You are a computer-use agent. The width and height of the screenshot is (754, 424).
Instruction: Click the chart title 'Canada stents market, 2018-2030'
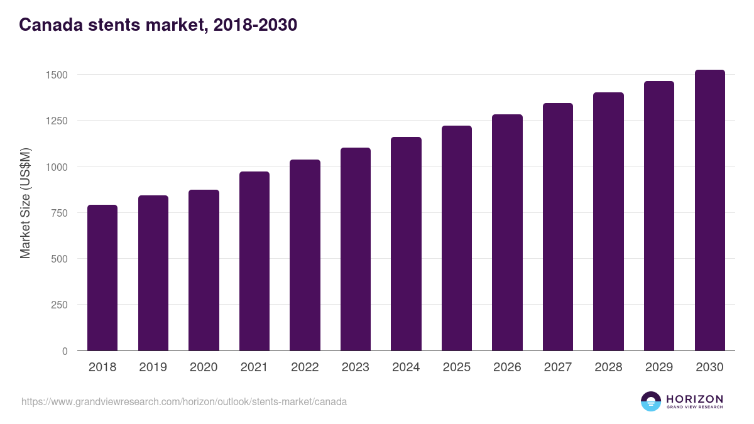coord(158,25)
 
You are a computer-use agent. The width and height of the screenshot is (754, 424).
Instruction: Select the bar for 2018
coord(102,278)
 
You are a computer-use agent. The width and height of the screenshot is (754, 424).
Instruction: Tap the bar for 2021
coord(254,261)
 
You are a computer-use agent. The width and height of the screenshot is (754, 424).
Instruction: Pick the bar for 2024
coord(406,244)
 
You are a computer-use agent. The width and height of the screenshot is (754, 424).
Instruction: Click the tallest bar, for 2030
coord(709,210)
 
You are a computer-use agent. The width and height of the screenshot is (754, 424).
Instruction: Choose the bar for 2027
coord(558,227)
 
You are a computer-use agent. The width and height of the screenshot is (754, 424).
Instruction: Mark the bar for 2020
coord(204,270)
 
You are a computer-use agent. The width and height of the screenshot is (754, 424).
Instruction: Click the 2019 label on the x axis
coord(153,367)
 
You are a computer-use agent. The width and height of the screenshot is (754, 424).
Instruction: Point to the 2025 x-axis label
coord(457,367)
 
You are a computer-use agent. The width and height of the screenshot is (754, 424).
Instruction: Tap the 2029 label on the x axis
coord(659,367)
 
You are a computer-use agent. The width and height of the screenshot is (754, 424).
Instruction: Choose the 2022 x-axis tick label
coord(305,367)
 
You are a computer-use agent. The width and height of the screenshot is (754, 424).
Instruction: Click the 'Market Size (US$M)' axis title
coord(25,204)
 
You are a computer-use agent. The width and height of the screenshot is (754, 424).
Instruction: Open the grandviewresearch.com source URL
coord(184,401)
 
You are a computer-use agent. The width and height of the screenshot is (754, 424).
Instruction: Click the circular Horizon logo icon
coord(651,401)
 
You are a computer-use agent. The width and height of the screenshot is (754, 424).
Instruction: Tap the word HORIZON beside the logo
coord(694,398)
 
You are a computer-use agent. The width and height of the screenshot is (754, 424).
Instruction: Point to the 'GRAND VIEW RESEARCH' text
coord(694,407)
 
